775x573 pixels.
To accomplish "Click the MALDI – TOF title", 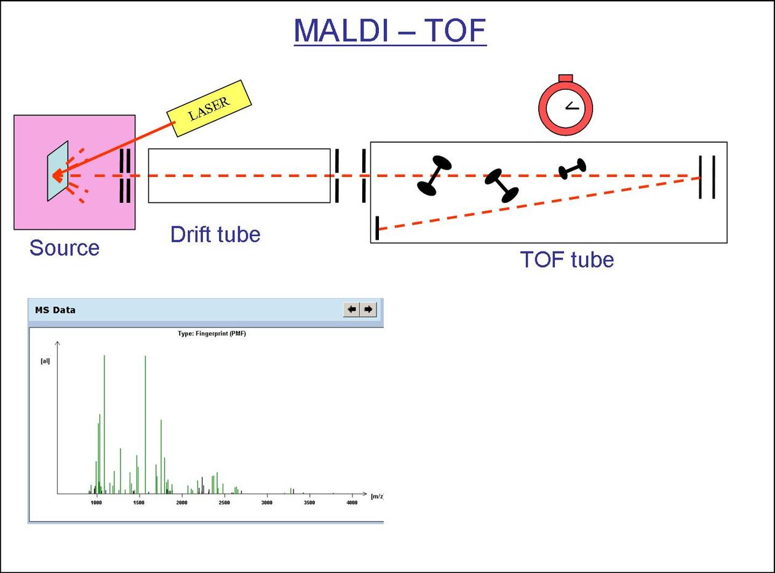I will point(390,30).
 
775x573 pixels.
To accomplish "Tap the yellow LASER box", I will point(209,108).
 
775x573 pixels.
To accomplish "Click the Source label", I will point(64,248).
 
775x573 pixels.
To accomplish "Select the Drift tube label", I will point(215,234).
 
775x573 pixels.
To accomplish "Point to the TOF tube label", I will point(566,259).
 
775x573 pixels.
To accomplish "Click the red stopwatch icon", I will point(565,106).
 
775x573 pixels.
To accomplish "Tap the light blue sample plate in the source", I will point(58,171).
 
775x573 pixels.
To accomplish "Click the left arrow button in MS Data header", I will point(351,309).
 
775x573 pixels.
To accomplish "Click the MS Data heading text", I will point(55,310).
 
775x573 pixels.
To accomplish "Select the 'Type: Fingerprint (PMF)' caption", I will point(212,334).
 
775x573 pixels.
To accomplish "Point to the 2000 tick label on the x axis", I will point(181,503).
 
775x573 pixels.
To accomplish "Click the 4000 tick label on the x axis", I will point(351,503).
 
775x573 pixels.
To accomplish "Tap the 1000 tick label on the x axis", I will point(96,503).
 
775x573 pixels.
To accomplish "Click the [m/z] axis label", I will point(377,496).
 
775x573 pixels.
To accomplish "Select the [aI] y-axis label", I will point(45,361).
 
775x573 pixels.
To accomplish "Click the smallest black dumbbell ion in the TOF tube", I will point(572,168).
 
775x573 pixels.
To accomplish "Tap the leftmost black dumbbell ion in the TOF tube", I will point(434,175).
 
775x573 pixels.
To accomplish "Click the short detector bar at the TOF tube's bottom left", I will point(377,228).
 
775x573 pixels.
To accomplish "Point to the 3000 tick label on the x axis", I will point(266,503).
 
